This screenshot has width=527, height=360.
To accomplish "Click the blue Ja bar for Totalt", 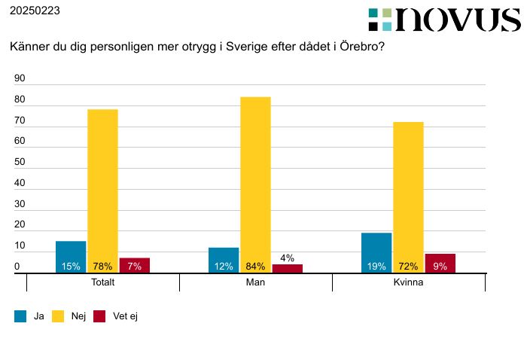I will [71, 257].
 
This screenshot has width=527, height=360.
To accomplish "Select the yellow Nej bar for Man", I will [255, 185].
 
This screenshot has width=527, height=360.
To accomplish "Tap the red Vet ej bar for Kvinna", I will [440, 263].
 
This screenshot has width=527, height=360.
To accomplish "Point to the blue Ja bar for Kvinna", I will [376, 252].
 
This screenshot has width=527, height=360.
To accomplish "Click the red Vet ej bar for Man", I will [287, 268].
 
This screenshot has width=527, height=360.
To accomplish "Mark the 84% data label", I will [255, 267].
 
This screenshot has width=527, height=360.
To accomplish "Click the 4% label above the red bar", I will [287, 258].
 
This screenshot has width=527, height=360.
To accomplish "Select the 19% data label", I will [376, 267].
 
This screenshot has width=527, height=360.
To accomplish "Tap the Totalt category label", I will [102, 283].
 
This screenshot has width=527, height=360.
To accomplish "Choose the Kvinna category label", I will [408, 283].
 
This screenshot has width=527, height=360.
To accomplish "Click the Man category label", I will [255, 283].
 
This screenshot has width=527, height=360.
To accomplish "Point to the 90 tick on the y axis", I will [20, 78].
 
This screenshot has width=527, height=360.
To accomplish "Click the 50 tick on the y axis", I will [20, 163].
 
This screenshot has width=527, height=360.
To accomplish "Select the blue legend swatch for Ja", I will [20, 317].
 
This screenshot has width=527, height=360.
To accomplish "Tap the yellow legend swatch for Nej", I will [58, 317].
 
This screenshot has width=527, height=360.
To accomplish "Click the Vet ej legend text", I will [125, 317].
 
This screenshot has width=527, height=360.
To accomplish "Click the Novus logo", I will [444, 20].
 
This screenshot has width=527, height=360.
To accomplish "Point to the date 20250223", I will [35, 11].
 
